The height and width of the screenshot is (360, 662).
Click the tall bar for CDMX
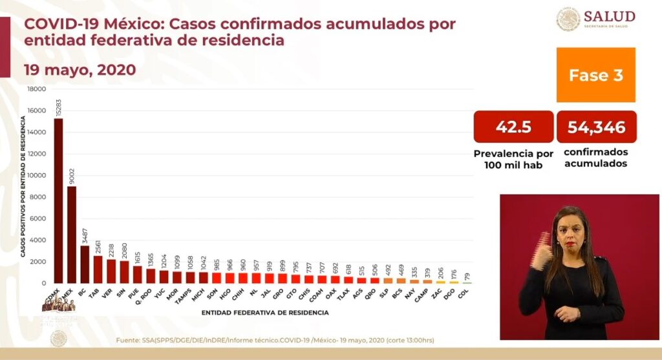click(58, 200)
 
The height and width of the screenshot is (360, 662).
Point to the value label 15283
click(59, 107)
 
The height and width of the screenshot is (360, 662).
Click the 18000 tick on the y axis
click(36, 89)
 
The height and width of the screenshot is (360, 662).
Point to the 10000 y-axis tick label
click(36, 176)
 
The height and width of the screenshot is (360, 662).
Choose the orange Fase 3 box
click(595, 75)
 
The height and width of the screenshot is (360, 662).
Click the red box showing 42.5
click(513, 127)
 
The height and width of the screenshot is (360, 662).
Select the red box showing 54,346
click(596, 127)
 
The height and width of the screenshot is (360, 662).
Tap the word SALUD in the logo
click(609, 16)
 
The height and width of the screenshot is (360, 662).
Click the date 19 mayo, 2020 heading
click(80, 70)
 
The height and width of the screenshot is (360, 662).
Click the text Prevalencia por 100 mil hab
click(513, 159)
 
